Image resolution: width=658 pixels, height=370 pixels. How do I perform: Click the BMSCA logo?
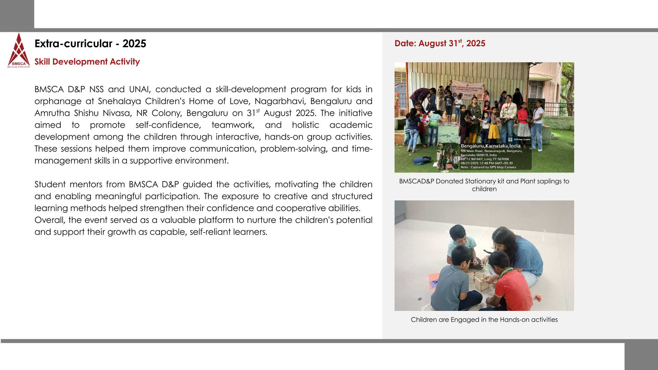[19, 51]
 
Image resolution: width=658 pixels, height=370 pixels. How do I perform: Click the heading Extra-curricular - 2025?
[90, 44]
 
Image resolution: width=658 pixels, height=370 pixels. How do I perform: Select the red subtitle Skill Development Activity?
[87, 62]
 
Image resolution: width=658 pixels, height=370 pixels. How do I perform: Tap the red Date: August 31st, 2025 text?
[440, 43]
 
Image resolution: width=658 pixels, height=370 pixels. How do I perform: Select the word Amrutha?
[52, 113]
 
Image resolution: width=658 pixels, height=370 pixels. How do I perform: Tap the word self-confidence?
[168, 125]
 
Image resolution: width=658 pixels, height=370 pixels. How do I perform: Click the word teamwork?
[233, 125]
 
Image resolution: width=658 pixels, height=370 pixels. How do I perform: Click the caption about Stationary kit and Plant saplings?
[484, 185]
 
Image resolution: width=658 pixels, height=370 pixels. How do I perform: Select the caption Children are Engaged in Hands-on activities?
[484, 320]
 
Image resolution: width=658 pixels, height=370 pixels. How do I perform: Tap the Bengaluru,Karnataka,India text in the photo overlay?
[490, 146]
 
